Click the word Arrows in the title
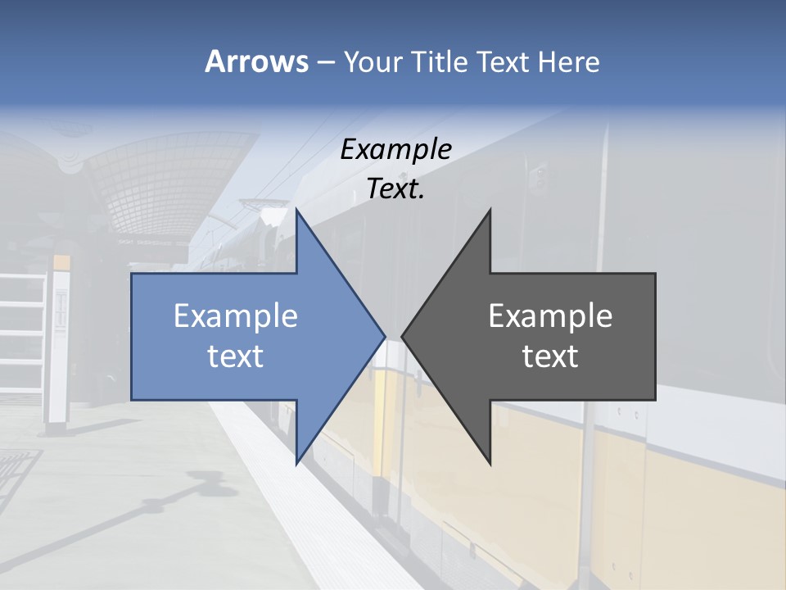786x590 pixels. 255,61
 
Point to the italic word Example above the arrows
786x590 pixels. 396,149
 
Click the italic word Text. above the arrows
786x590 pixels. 396,189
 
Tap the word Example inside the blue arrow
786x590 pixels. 236,315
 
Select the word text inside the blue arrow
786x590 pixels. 236,356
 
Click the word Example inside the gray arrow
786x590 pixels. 550,315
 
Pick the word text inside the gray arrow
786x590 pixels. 550,356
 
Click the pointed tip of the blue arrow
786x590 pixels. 383,336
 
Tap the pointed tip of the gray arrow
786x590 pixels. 404,336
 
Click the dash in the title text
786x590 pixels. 325,62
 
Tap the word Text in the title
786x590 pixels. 503,61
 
